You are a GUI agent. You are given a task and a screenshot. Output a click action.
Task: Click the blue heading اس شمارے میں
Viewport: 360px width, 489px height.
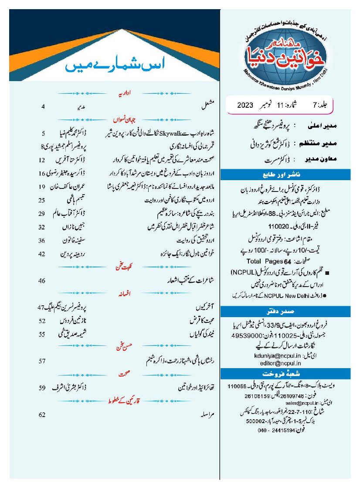113,66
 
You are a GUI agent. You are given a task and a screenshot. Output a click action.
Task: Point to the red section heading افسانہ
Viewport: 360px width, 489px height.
119,294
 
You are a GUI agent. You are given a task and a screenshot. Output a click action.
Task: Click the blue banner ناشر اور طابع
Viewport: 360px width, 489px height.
287,175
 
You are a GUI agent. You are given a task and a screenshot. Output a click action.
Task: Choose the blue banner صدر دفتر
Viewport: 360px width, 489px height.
287,311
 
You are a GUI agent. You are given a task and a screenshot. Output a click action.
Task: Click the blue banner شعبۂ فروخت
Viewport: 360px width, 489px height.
287,374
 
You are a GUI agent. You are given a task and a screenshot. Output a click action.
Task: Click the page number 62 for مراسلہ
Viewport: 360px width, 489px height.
42,414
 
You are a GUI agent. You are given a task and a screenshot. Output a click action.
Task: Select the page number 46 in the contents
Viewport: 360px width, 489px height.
42,280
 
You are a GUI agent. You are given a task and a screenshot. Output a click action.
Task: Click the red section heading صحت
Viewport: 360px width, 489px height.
119,374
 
